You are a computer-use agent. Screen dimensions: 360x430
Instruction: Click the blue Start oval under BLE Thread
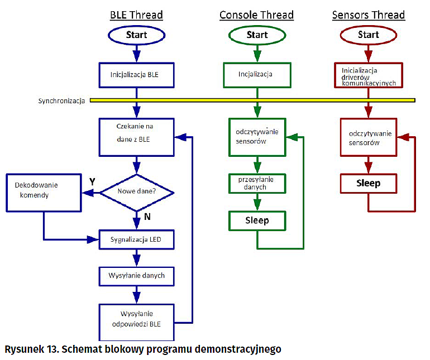click(136, 35)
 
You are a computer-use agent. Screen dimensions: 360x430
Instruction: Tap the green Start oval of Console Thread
click(257, 35)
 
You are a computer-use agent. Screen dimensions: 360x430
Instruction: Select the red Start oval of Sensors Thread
click(368, 35)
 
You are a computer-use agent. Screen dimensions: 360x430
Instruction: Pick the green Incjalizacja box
click(256, 74)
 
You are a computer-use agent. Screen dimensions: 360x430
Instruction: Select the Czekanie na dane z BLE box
click(136, 137)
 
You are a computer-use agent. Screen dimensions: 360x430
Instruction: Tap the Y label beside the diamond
click(93, 182)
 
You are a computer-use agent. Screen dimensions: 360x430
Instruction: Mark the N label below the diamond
click(147, 217)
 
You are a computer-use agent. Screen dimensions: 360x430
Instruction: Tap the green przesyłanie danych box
click(257, 183)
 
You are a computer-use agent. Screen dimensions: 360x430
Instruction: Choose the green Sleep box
click(257, 220)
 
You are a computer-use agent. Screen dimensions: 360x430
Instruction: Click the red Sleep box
click(368, 183)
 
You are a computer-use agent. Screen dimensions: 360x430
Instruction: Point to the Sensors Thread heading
click(368, 15)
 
